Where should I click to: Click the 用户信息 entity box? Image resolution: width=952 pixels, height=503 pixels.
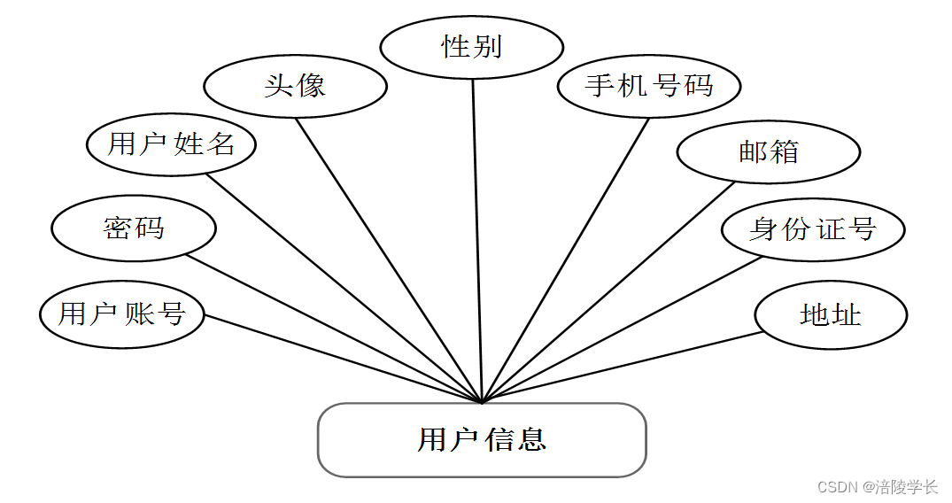[482, 440]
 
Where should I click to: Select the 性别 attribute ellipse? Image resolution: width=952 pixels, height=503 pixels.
[472, 47]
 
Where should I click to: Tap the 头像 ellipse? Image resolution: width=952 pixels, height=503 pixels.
[295, 86]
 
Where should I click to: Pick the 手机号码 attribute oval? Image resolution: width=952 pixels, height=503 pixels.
[649, 86]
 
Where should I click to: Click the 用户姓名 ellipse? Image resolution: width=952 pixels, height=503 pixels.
[171, 143]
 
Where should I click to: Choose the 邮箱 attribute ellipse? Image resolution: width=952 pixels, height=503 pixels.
[768, 151]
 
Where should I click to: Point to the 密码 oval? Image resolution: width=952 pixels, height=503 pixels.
[134, 228]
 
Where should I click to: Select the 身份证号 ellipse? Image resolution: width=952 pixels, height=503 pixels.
[812, 229]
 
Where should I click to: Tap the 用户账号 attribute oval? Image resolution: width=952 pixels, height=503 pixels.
[122, 314]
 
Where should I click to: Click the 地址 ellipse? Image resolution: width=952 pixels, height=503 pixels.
[831, 314]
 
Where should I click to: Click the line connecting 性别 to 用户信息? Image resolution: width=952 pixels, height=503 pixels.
[476, 239]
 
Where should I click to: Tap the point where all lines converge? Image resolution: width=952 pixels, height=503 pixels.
[482, 403]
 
